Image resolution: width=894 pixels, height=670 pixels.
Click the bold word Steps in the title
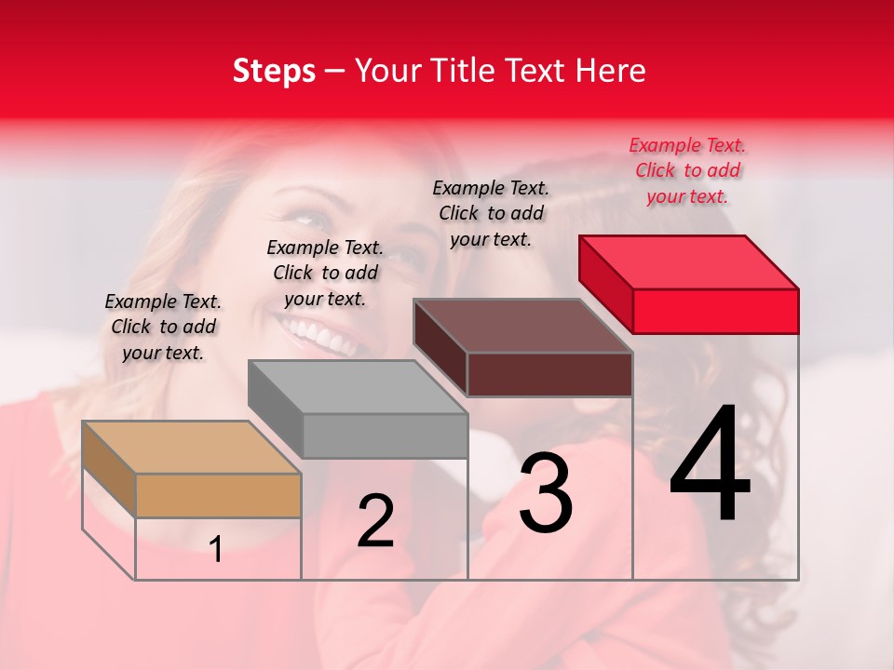pyautogui.click(x=274, y=71)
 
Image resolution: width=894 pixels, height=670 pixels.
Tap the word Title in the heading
pyautogui.click(x=465, y=71)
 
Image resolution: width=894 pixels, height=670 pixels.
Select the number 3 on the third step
pyautogui.click(x=546, y=493)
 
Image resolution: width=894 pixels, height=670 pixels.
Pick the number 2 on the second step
pyautogui.click(x=375, y=522)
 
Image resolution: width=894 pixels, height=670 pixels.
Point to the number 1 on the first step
pyautogui.click(x=216, y=550)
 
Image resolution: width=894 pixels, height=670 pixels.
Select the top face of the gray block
pyautogui.click(x=358, y=386)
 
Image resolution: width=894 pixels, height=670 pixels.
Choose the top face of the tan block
pyautogui.click(x=192, y=448)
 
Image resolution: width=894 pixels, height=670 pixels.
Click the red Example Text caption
pyautogui.click(x=687, y=170)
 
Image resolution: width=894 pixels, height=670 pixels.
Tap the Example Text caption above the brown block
pyautogui.click(x=492, y=213)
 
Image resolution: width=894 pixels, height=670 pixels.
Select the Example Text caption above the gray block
pyautogui.click(x=325, y=273)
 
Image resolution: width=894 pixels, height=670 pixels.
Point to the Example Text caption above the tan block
pyautogui.click(x=164, y=327)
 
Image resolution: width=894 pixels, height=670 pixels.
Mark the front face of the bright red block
pyautogui.click(x=715, y=311)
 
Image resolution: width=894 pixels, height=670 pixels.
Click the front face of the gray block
pyautogui.click(x=385, y=435)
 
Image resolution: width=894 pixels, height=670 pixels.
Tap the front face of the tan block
pyautogui.click(x=218, y=495)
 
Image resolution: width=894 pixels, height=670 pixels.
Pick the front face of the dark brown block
pyautogui.click(x=549, y=374)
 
